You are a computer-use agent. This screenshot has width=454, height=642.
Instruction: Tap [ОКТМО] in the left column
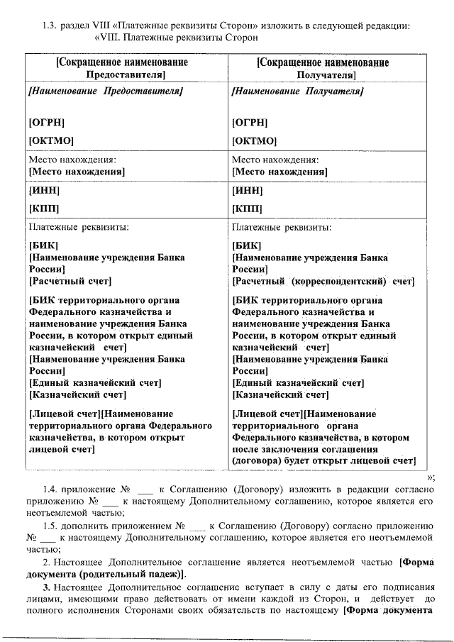click(x=51, y=140)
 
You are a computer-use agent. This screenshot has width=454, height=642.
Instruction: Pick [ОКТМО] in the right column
click(x=254, y=140)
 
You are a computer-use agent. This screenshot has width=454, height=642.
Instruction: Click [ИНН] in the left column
click(x=43, y=190)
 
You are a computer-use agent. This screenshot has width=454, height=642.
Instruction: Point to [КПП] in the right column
click(x=247, y=209)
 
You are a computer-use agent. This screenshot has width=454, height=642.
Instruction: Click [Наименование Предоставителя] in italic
click(x=106, y=92)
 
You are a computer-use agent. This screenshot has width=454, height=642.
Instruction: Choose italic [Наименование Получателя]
click(x=298, y=92)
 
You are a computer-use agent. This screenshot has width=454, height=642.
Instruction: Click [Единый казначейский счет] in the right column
click(x=298, y=383)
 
